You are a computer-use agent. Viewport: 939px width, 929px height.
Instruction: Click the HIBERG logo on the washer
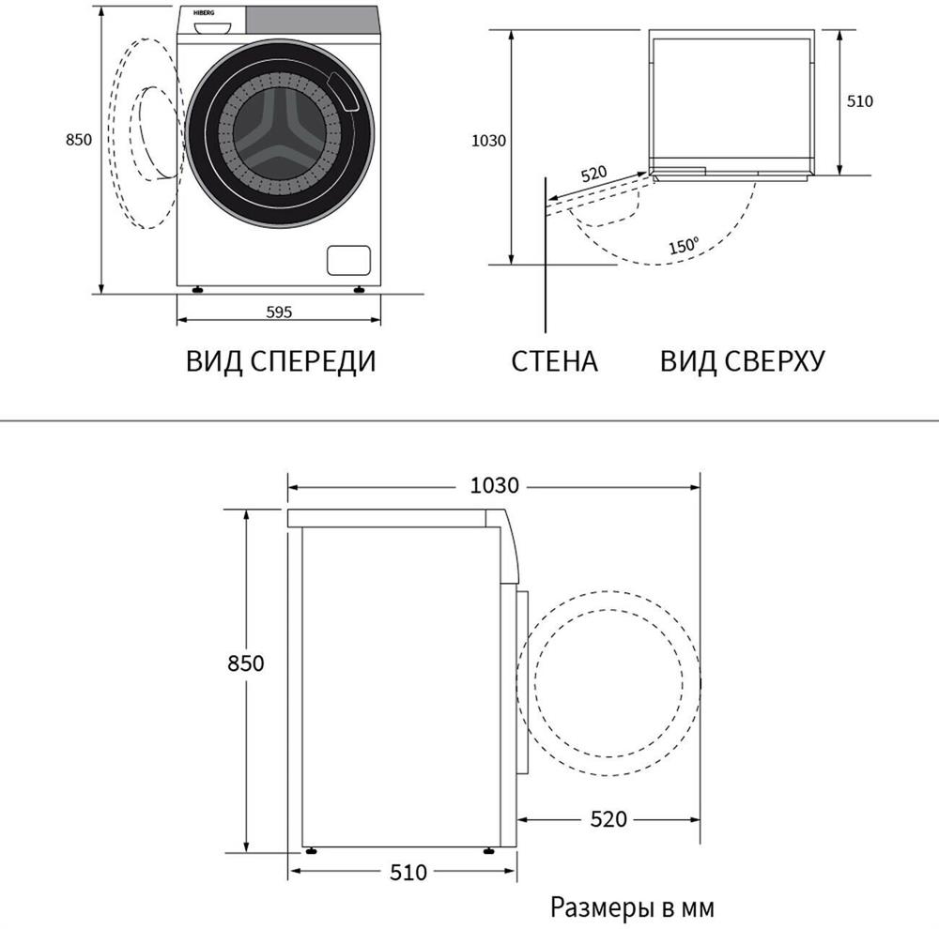click(x=204, y=12)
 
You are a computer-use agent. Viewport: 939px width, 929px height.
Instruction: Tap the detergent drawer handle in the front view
click(x=212, y=27)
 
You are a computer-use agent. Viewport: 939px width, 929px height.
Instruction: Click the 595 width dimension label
click(x=279, y=312)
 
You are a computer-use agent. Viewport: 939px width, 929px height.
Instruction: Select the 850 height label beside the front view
click(x=79, y=140)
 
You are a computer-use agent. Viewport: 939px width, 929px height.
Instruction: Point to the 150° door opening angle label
click(x=684, y=246)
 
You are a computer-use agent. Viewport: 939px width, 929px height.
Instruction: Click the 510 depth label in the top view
click(x=860, y=101)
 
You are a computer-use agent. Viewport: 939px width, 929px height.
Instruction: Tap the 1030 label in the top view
click(x=488, y=141)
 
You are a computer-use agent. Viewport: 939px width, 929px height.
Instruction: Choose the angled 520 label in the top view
click(x=594, y=175)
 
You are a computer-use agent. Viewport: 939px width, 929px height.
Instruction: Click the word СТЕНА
click(x=555, y=361)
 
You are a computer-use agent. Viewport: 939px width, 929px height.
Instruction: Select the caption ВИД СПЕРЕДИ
click(x=281, y=361)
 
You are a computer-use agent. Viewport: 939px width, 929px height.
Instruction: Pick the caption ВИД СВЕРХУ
click(x=743, y=361)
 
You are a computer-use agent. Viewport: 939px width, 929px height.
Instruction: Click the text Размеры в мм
click(x=632, y=907)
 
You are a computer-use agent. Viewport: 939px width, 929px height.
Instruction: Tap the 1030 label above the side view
click(x=494, y=485)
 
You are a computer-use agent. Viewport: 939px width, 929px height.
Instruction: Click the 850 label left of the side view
click(x=245, y=663)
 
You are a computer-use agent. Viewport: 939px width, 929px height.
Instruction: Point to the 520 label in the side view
click(x=608, y=819)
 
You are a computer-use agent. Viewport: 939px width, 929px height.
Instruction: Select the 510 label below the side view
click(x=408, y=872)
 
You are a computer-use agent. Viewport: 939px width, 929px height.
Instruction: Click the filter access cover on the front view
click(x=348, y=260)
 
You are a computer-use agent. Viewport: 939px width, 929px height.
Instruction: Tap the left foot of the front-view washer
click(x=197, y=290)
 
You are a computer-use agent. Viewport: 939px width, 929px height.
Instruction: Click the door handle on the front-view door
click(x=343, y=91)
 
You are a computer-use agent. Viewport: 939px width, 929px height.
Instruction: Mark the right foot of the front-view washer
click(x=360, y=290)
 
